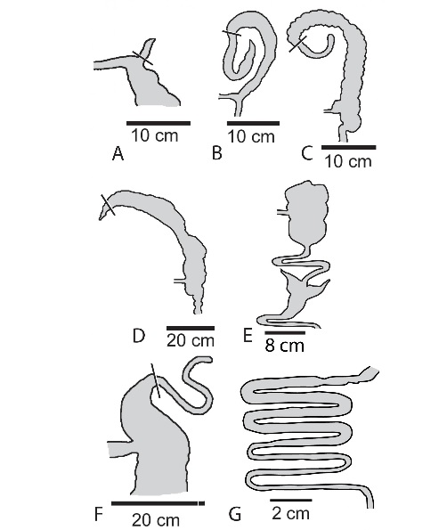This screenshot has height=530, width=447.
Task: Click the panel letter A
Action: [x=118, y=153]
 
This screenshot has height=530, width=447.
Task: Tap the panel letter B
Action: [x=217, y=152]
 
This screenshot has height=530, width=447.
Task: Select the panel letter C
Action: [x=307, y=153]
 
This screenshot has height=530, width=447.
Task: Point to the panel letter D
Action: [x=139, y=336]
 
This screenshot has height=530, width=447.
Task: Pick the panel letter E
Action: [x=248, y=336]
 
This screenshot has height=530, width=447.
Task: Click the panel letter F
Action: [x=98, y=514]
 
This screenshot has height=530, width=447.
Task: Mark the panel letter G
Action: [x=235, y=514]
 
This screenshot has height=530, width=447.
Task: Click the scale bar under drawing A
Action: [x=158, y=123]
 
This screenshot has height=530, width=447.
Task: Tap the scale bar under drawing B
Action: [x=253, y=123]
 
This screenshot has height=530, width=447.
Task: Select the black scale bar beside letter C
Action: [x=349, y=147]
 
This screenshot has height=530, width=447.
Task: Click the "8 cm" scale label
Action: [x=284, y=346]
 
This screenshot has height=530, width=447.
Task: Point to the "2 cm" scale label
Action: [x=290, y=513]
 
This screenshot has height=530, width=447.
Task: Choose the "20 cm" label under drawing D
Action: [x=191, y=340]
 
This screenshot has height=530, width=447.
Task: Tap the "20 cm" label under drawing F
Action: [x=156, y=520]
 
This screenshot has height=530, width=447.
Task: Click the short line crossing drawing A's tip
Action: [x=142, y=58]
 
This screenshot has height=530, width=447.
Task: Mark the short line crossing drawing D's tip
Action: [x=108, y=205]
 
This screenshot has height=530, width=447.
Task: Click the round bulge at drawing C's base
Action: [x=354, y=123]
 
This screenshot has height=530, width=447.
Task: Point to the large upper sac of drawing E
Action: [x=308, y=213]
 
